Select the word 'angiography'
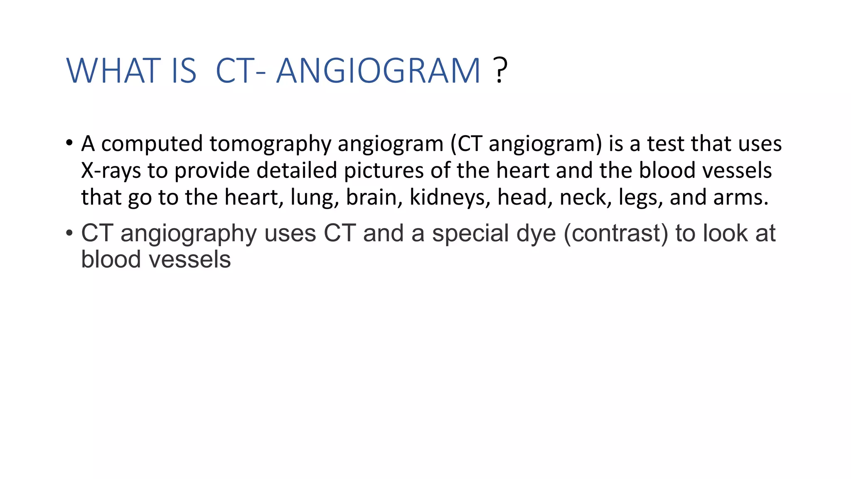tap(189, 234)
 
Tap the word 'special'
tap(470, 233)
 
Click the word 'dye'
tap(536, 234)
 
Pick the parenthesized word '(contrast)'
tap(616, 233)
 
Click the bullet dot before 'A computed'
tap(69, 143)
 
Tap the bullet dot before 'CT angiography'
tap(69, 233)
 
